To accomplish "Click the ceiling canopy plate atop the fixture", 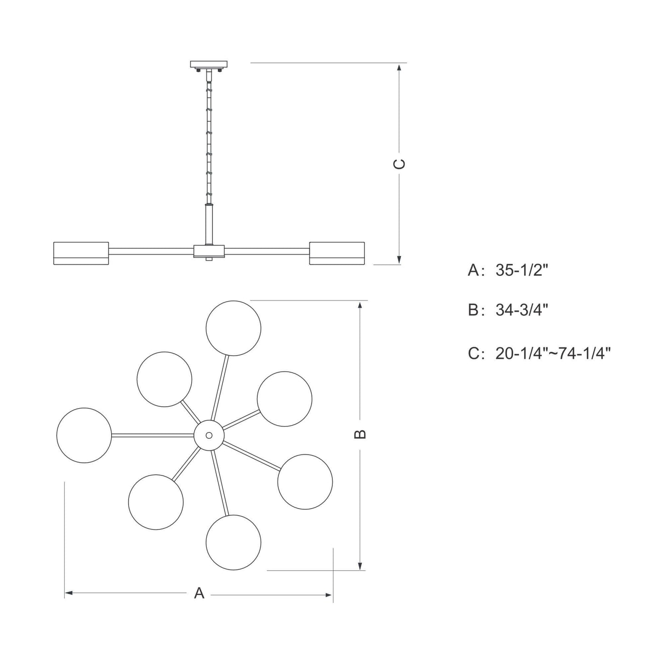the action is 209,64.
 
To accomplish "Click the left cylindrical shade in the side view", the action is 81,253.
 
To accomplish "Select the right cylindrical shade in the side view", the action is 337,253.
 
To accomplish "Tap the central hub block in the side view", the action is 209,251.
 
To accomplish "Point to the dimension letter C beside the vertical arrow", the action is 399,164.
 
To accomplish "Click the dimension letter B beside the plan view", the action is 360,434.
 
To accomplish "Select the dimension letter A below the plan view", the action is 199,593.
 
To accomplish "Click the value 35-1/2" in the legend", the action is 522,270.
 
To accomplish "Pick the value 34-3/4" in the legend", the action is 522,310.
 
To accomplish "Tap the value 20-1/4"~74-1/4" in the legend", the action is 553,353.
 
